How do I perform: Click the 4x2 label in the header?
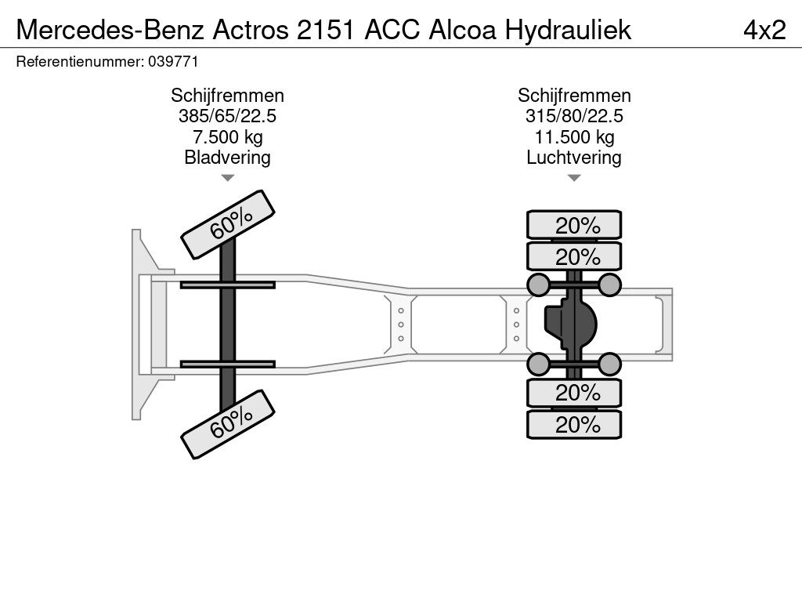point(764,30)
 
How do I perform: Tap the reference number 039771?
point(173,62)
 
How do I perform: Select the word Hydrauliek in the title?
point(569,30)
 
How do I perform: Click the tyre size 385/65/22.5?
point(227,116)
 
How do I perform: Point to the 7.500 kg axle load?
point(227,136)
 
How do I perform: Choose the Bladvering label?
point(227,157)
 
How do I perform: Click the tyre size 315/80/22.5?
point(574,116)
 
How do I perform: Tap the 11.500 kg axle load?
point(574,136)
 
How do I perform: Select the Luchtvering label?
point(574,157)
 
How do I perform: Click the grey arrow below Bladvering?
point(228,178)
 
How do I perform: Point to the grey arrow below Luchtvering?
point(574,178)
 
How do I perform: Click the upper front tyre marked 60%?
point(228,224)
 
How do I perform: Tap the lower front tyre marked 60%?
point(228,424)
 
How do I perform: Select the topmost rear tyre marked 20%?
point(574,225)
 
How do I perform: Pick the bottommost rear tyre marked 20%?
point(574,424)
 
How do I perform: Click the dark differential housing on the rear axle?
point(570,325)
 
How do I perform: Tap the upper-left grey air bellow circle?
point(539,285)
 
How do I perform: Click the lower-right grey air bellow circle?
point(609,364)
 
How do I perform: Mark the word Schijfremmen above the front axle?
point(227,96)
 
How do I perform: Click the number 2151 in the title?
point(325,30)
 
